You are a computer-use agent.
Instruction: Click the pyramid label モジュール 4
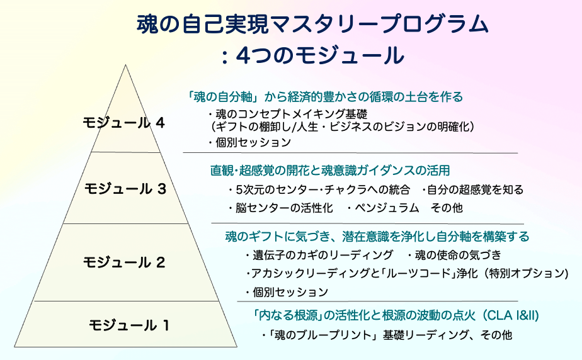pos(123,123)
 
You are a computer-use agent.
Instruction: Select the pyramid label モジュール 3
pos(125,189)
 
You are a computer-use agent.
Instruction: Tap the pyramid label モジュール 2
pos(124,262)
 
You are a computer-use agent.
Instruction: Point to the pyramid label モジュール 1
pos(129,325)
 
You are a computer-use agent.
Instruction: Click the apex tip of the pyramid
pos(125,65)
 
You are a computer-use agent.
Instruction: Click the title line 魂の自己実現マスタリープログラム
pos(312,25)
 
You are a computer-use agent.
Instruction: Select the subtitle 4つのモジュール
pos(319,55)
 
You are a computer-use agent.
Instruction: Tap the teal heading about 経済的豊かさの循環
pos(325,97)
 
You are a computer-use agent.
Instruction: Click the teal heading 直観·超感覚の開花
pos(330,170)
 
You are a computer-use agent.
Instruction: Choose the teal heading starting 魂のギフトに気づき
pos(377,236)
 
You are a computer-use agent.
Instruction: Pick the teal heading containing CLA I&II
pos(396,315)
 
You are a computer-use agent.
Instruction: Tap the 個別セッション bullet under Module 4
pos(250,142)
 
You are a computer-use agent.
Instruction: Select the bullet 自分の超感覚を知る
pos(472,189)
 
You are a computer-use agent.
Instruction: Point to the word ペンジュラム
pos(387,208)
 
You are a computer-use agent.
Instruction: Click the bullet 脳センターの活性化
pos(281,208)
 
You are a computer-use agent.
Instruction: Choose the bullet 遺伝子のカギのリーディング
pos(319,255)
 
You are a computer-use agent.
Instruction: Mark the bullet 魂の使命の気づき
pos(454,255)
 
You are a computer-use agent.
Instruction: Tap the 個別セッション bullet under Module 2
pos(287,292)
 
